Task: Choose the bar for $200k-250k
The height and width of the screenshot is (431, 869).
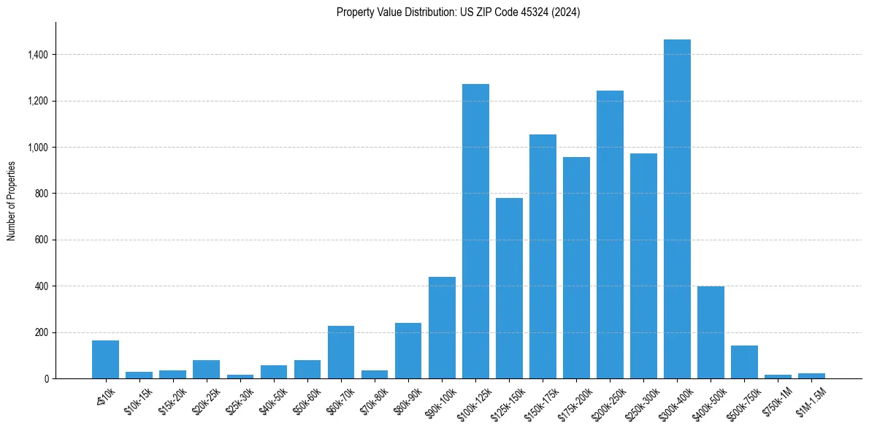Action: [x=610, y=234]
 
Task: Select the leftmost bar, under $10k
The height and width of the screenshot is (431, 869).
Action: [x=105, y=359]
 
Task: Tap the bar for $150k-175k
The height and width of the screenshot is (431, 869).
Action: [x=543, y=256]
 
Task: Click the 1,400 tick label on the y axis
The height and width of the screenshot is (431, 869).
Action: [x=38, y=55]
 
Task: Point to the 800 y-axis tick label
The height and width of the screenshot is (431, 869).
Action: [x=42, y=194]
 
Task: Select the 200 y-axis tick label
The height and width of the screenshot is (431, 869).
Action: [x=42, y=332]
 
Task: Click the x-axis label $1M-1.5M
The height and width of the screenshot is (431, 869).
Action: [x=811, y=395]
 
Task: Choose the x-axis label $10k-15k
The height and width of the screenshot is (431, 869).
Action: [x=139, y=395]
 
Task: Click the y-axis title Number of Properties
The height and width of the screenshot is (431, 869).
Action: [x=11, y=201]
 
